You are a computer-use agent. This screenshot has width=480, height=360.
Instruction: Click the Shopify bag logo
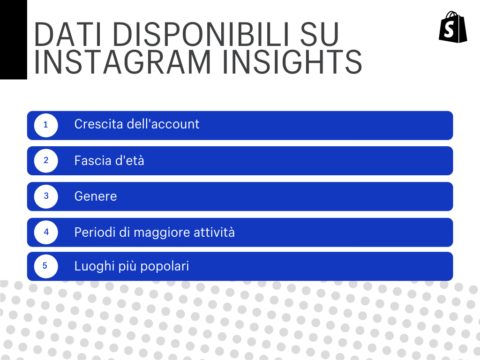(453, 27)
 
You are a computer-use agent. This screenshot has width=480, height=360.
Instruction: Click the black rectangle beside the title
(13, 39)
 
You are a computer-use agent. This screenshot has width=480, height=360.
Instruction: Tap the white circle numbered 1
(46, 125)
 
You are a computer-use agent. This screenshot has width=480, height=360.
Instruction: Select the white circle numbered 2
(46, 160)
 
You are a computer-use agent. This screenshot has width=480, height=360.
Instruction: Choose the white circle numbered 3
(46, 196)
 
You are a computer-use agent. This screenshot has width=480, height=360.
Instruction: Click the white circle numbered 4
(46, 232)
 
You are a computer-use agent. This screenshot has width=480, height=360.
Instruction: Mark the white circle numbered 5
(45, 266)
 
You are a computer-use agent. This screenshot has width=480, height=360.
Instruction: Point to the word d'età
(129, 161)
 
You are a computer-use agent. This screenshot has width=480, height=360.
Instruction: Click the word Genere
(96, 196)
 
